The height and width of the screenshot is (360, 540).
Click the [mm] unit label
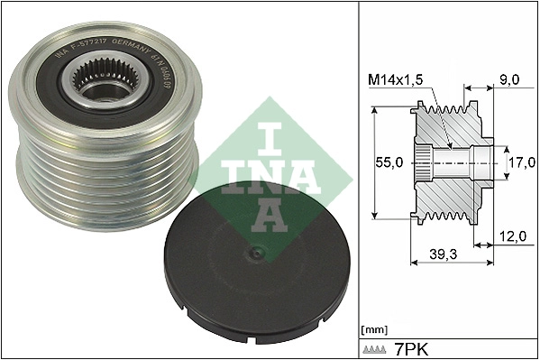pos(371,329)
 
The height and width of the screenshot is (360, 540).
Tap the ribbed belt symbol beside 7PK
pos(375,348)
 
